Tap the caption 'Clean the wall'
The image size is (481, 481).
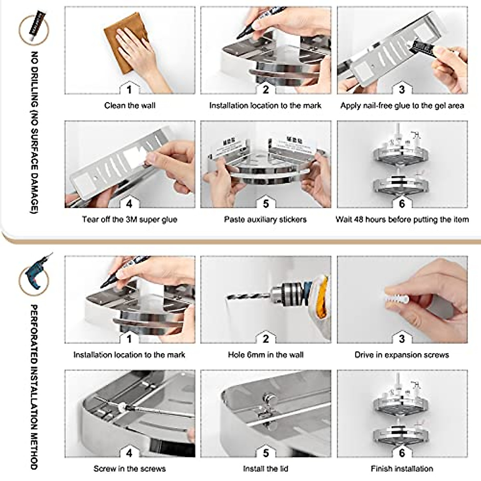(x=129, y=106)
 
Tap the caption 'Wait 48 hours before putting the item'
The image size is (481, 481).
(x=402, y=220)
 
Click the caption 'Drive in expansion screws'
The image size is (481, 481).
(x=402, y=355)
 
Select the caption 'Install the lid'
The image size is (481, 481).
(x=265, y=469)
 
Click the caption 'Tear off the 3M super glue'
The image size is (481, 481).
(x=129, y=220)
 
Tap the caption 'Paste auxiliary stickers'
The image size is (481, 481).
(x=265, y=220)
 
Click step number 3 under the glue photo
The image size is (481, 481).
(x=402, y=90)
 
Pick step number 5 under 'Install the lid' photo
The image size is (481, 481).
(x=266, y=453)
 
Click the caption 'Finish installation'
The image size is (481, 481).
(x=402, y=469)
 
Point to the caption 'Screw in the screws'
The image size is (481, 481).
(x=129, y=469)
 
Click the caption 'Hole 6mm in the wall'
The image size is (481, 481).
(x=265, y=355)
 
